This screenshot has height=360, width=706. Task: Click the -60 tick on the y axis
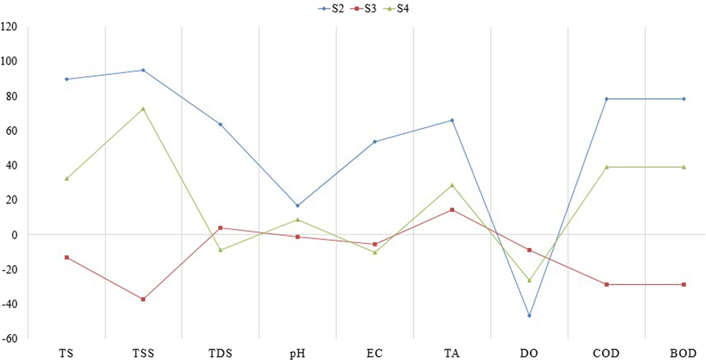9,339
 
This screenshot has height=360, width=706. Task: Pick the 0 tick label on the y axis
14,235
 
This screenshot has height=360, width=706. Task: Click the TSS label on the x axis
143,351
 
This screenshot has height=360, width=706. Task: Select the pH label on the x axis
298,351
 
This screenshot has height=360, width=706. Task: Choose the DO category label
529,351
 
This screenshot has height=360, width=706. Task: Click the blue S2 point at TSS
143,70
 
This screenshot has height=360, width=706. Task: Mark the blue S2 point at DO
529,315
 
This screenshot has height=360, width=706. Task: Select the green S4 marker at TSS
143,108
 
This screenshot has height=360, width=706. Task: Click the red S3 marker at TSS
143,299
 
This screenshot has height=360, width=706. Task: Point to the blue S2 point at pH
298,206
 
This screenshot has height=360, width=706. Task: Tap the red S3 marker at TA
452,210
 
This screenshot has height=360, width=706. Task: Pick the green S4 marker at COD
607,167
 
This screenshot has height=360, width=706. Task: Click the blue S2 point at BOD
683,99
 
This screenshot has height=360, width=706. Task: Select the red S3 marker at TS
67,257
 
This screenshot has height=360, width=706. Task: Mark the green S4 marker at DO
529,281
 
